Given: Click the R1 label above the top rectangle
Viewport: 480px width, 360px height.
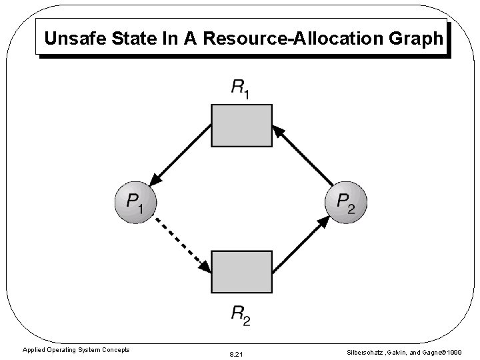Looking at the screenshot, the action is click(x=241, y=87).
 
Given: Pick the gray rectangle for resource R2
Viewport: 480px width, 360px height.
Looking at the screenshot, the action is click(x=241, y=272).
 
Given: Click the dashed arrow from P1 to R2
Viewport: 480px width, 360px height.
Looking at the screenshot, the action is click(x=182, y=245).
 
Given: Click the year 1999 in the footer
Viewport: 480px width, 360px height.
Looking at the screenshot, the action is click(x=455, y=351).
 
